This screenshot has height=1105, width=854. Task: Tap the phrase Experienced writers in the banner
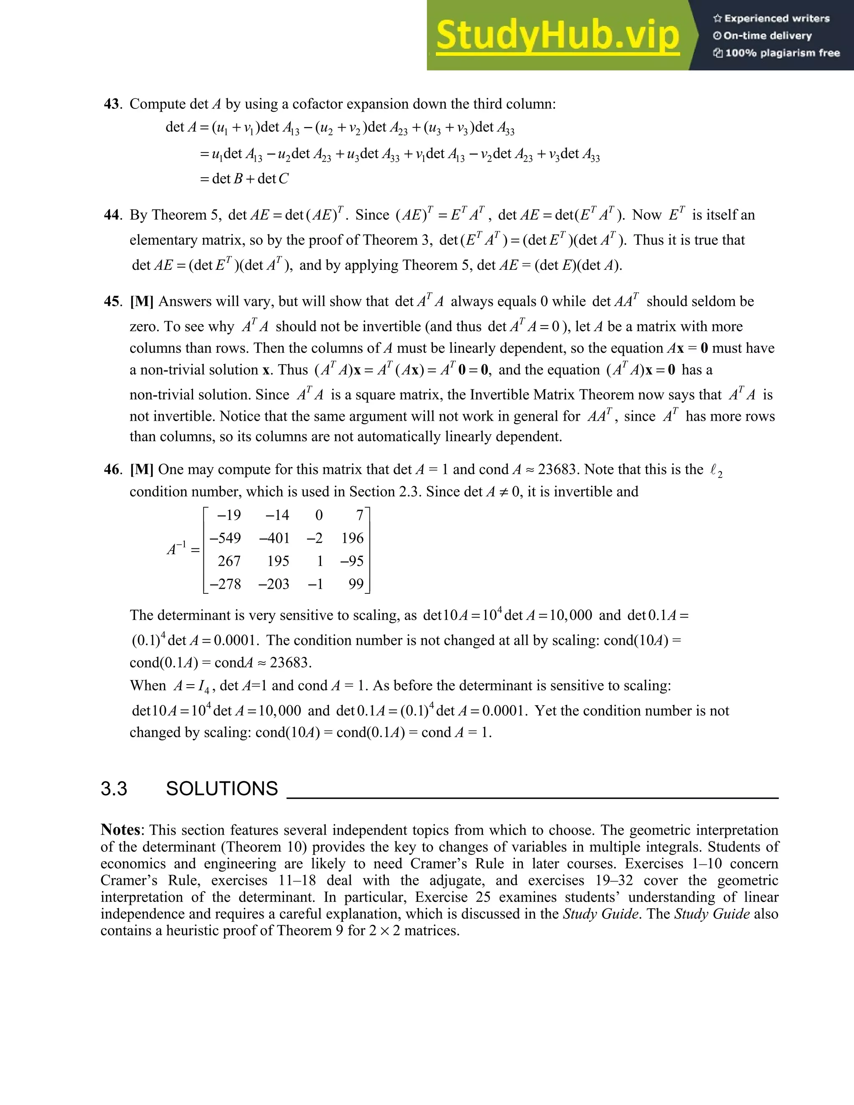click(x=776, y=19)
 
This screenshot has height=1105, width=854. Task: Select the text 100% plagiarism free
click(x=782, y=53)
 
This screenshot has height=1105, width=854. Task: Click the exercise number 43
click(x=112, y=104)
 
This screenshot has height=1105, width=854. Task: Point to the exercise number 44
click(x=112, y=215)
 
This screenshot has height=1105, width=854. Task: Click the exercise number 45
click(x=112, y=301)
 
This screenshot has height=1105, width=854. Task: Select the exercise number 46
click(x=112, y=470)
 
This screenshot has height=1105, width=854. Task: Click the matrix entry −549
click(x=225, y=538)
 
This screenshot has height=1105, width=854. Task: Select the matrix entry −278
click(x=225, y=584)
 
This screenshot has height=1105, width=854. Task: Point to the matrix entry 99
click(x=356, y=584)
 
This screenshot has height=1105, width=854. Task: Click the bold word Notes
click(x=121, y=830)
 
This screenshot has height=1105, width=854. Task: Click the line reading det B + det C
click(x=244, y=178)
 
